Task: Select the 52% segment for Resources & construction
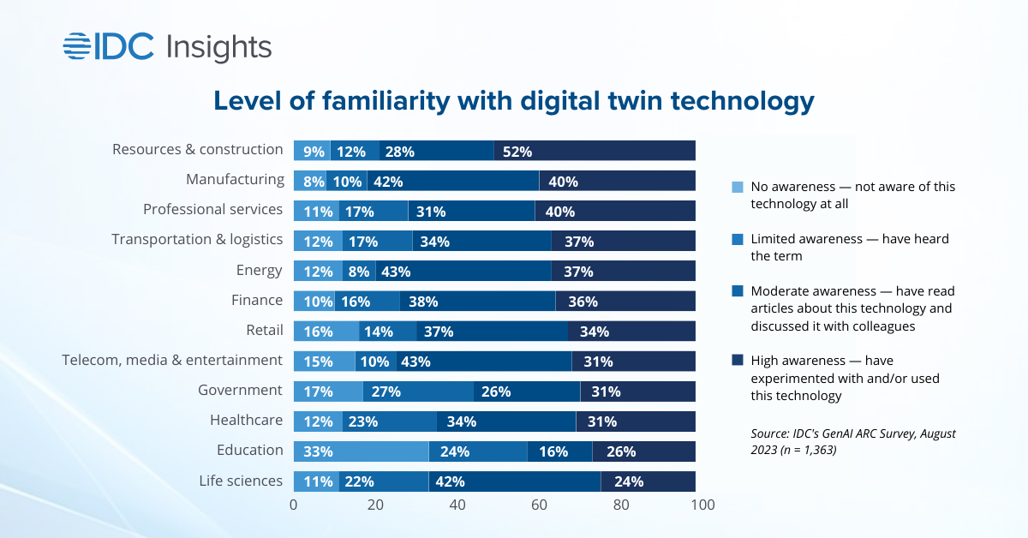pyautogui.click(x=595, y=151)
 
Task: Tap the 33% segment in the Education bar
pyautogui.click(x=361, y=451)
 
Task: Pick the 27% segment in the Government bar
pyautogui.click(x=418, y=391)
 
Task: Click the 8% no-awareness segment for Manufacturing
pyautogui.click(x=309, y=181)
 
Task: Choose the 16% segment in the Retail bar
pyautogui.click(x=326, y=331)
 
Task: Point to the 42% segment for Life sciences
pyautogui.click(x=514, y=481)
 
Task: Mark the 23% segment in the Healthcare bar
pyautogui.click(x=389, y=421)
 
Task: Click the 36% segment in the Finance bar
pyautogui.click(x=625, y=301)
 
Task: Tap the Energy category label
pyautogui.click(x=260, y=270)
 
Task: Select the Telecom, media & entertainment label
pyautogui.click(x=172, y=360)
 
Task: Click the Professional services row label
pyautogui.click(x=212, y=210)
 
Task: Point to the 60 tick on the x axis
pyautogui.click(x=539, y=505)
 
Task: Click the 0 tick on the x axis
pyautogui.click(x=294, y=505)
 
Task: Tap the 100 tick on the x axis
pyautogui.click(x=701, y=505)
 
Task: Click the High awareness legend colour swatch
pyautogui.click(x=738, y=362)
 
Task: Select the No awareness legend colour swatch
pyautogui.click(x=738, y=187)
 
